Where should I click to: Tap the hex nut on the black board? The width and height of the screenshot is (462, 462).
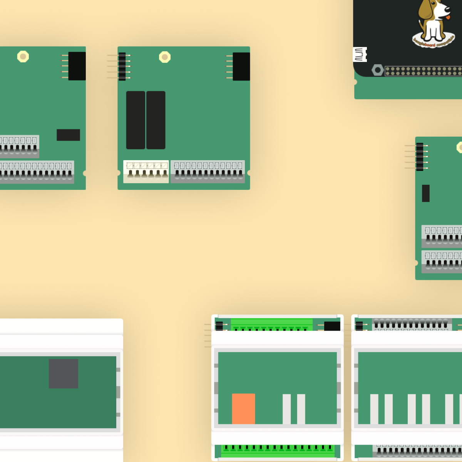(378, 70)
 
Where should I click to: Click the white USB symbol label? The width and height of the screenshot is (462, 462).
(360, 55)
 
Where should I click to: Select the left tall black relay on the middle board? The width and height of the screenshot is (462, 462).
(136, 120)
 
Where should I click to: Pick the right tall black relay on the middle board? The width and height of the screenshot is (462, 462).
(156, 120)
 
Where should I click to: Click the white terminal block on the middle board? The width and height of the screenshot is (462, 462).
(146, 171)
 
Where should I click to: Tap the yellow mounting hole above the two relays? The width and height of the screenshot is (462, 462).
(165, 57)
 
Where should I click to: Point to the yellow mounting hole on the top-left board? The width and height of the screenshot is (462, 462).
(23, 57)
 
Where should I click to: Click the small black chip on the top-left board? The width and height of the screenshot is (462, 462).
(68, 135)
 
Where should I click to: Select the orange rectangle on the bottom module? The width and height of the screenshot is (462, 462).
(243, 408)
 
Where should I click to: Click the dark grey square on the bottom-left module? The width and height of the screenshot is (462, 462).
(64, 373)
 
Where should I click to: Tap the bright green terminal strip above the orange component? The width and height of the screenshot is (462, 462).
(272, 325)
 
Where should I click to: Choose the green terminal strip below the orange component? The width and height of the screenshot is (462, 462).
(278, 450)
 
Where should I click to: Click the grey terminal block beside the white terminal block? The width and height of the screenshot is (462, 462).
(208, 171)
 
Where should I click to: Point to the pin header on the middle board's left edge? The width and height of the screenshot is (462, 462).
(122, 66)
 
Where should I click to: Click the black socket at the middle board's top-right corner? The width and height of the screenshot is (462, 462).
(241, 66)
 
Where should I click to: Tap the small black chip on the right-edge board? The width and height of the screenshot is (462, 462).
(426, 193)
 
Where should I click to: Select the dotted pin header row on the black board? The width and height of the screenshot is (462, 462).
(423, 71)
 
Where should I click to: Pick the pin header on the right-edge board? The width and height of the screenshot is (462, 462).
(420, 157)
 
